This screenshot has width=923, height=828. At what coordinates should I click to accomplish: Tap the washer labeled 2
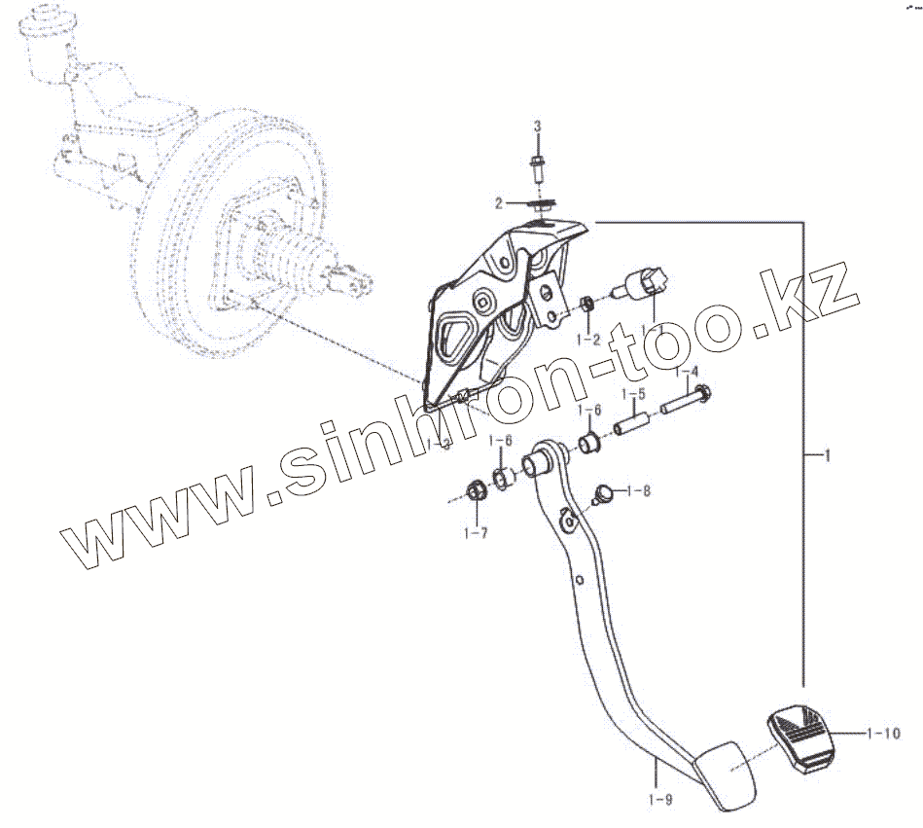(543, 203)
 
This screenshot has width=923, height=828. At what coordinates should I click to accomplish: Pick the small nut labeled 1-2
(587, 305)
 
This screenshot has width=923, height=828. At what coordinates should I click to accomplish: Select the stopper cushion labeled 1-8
(602, 492)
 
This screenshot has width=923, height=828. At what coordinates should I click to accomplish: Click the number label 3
(536, 127)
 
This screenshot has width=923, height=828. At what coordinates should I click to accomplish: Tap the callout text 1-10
(884, 733)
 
